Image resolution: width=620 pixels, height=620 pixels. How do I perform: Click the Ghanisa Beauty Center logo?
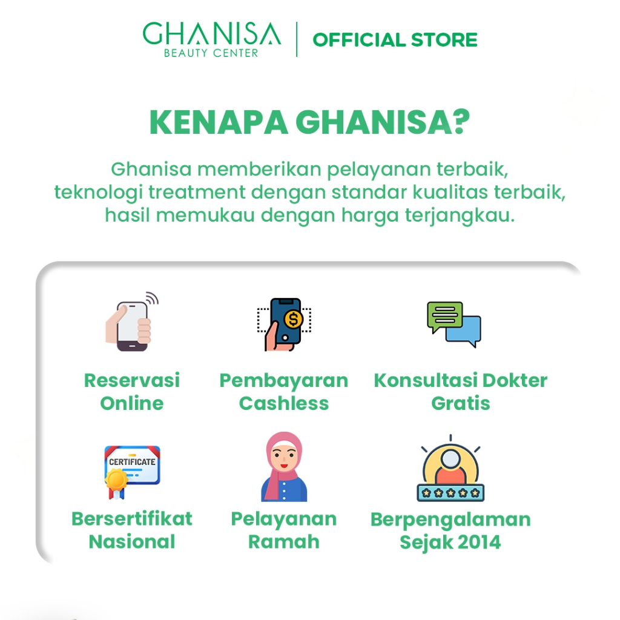[x=211, y=39]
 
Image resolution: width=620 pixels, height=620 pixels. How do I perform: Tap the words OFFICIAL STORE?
[x=395, y=40]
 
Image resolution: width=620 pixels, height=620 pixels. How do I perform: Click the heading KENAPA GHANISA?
[x=309, y=122]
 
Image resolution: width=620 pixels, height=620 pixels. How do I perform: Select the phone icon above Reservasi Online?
[x=132, y=322]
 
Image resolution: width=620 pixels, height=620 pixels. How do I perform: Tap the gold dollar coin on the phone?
[x=293, y=319]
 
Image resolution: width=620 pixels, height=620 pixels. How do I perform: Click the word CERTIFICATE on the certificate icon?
[x=132, y=462]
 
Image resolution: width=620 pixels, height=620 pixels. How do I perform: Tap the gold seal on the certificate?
[x=116, y=480]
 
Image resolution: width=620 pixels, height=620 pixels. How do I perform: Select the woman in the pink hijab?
[x=284, y=467]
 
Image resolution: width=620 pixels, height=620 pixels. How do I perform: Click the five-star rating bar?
[x=450, y=493]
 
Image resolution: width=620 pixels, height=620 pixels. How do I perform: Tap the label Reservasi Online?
[x=132, y=392]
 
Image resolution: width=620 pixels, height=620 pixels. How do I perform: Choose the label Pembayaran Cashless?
[x=284, y=392]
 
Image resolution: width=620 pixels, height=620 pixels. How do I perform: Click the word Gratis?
[x=461, y=403]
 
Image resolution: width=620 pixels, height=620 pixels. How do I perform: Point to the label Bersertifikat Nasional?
[x=132, y=530]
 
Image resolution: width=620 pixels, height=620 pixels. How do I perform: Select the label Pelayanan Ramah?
[x=284, y=530]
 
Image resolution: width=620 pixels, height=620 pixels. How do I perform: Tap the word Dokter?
[x=515, y=380]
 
